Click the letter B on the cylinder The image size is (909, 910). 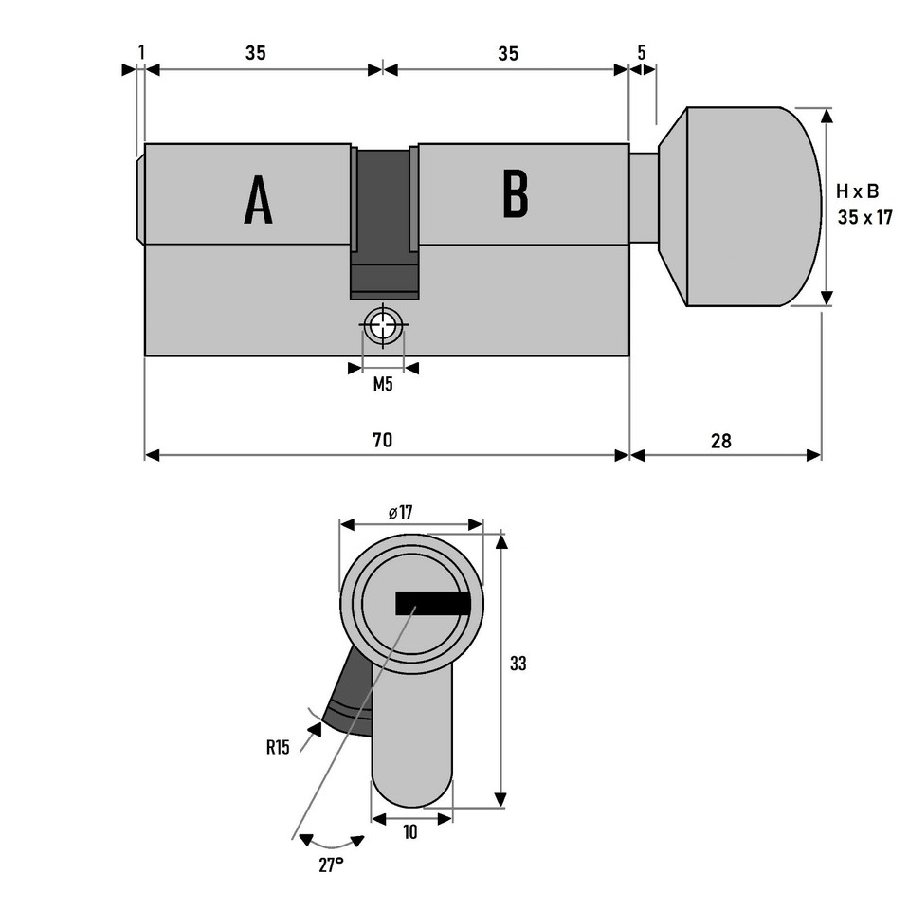click(515, 194)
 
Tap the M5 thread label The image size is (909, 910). click(383, 384)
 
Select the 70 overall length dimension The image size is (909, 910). click(382, 441)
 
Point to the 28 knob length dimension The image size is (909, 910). click(719, 441)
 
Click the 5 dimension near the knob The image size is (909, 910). click(642, 53)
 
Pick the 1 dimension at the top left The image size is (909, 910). click(141, 53)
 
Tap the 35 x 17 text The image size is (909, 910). click(865, 217)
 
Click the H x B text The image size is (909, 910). click(857, 191)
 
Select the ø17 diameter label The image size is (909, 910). click(401, 513)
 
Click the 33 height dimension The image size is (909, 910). click(518, 664)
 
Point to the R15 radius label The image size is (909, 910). click(278, 747)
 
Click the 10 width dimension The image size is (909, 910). click(410, 831)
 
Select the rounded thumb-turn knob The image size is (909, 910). click(749, 207)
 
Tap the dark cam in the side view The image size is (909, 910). click(384, 218)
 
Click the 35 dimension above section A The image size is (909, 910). click(256, 53)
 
